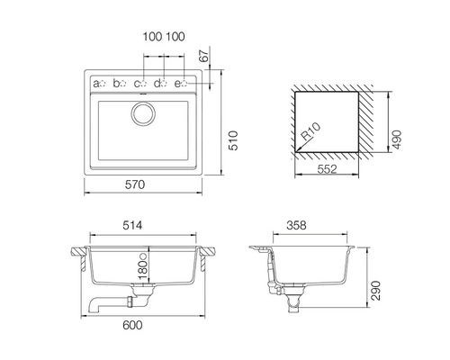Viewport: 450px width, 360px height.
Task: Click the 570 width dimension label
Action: (135, 184)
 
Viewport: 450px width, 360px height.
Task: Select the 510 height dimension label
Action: (233, 140)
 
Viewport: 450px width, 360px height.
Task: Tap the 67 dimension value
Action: (204, 56)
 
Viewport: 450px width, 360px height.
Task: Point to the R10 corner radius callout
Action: (310, 131)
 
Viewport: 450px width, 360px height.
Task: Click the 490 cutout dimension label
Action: (397, 139)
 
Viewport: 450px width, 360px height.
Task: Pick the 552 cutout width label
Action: (327, 169)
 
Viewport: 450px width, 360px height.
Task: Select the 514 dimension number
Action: (132, 225)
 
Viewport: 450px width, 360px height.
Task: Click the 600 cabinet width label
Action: (132, 325)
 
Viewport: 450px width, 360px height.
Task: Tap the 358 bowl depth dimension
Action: (296, 225)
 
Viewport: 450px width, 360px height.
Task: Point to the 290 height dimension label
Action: (375, 291)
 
